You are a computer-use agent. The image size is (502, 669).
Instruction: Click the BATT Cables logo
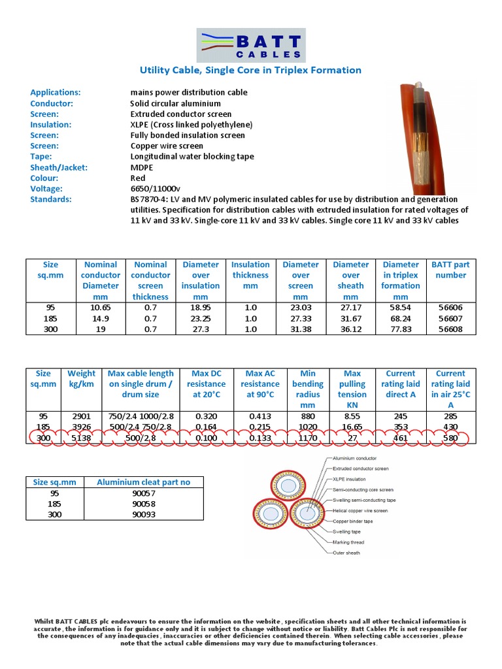click(251, 46)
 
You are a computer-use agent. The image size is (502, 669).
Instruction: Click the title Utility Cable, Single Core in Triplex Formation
click(251, 70)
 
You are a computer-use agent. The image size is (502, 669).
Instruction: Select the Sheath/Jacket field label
click(58, 167)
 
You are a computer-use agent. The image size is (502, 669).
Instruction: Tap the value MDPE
click(142, 167)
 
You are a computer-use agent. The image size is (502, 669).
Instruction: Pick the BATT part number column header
click(450, 270)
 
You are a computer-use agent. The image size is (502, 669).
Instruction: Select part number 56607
click(450, 319)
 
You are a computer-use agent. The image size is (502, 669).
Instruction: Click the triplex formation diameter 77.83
click(401, 329)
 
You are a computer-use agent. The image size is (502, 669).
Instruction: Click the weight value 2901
click(82, 416)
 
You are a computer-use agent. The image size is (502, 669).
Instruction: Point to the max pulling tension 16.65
click(352, 427)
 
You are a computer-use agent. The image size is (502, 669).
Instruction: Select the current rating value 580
click(450, 438)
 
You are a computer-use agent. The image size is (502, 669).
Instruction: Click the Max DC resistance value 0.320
click(206, 416)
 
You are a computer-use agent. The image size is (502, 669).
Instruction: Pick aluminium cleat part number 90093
click(144, 515)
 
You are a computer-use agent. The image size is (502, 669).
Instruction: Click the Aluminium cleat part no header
click(144, 482)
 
